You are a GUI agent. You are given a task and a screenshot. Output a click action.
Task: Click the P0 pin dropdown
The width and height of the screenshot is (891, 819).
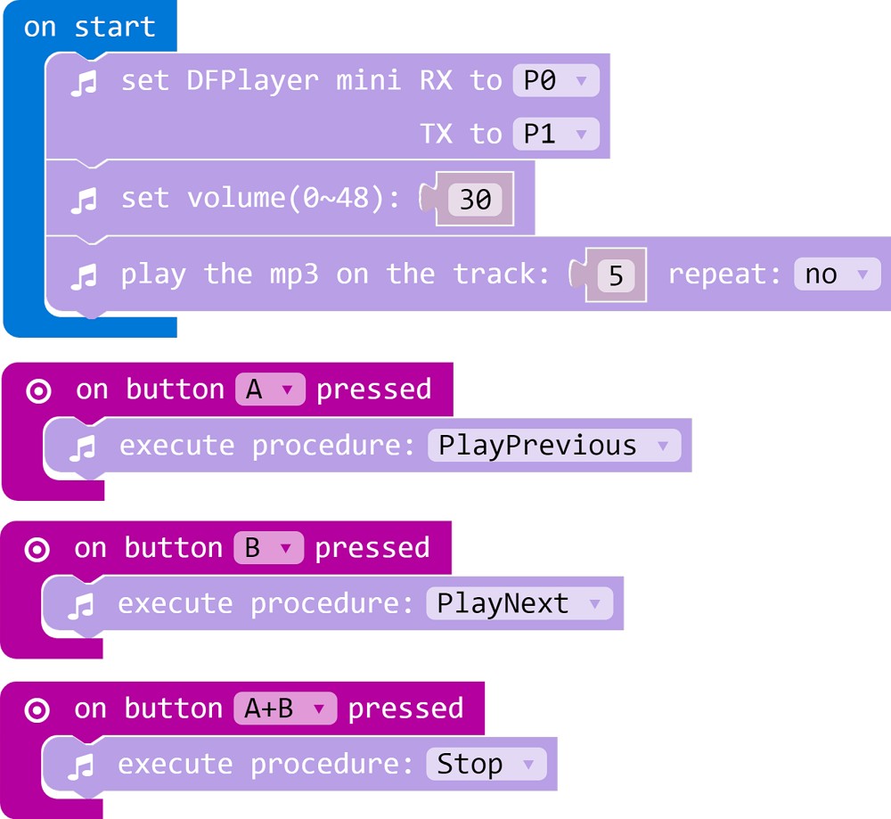[556, 81]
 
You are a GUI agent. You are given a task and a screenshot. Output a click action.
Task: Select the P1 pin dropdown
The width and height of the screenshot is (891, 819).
[556, 135]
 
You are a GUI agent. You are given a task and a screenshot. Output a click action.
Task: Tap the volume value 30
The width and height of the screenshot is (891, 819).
[475, 199]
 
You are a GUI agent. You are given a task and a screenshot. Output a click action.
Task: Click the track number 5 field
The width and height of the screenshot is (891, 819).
[616, 275]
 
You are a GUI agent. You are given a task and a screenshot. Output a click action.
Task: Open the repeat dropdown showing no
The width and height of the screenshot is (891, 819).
[836, 274]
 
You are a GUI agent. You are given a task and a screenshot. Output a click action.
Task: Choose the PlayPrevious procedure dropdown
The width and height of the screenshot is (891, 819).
[552, 446]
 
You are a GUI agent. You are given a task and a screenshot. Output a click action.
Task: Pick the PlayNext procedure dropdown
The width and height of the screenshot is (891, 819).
[519, 604]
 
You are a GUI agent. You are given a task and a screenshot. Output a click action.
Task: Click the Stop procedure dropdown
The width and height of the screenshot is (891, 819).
[486, 765]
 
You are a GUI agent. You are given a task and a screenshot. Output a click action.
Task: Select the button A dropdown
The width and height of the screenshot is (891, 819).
[269, 390]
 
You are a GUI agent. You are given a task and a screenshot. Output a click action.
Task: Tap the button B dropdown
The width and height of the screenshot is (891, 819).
[267, 548]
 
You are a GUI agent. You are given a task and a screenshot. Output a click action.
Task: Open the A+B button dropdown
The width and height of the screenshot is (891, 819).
[284, 708]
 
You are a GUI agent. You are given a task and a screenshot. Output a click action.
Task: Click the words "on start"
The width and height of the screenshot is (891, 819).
[89, 27]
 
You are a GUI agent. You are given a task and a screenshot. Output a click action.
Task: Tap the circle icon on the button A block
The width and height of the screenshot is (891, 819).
[38, 391]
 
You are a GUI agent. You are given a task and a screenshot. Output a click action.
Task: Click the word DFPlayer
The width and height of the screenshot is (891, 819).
[252, 81]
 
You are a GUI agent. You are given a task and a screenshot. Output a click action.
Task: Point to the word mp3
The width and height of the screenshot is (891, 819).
[294, 274]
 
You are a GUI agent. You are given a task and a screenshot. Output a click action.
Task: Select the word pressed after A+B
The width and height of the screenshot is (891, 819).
[405, 708]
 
